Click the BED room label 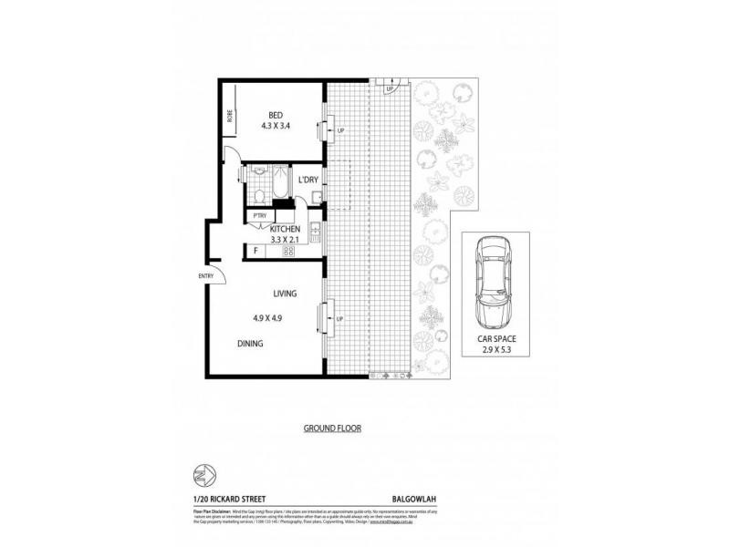274,114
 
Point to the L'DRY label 308,180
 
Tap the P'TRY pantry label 260,215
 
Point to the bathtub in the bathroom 281,186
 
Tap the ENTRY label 206,277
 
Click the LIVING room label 287,294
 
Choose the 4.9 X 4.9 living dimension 268,318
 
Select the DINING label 250,344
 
